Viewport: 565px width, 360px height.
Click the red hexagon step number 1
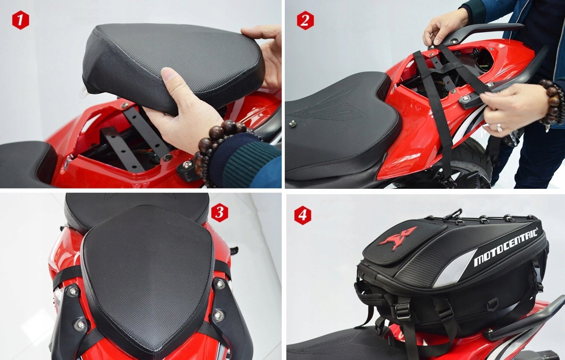[20, 20]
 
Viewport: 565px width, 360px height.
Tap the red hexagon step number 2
[305, 20]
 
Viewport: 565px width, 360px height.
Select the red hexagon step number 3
[220, 213]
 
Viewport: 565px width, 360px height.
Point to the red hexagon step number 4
[303, 215]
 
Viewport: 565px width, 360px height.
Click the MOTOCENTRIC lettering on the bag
[505, 247]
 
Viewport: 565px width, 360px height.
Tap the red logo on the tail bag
[398, 238]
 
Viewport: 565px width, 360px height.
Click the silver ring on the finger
[500, 128]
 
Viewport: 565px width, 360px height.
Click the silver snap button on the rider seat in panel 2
[292, 123]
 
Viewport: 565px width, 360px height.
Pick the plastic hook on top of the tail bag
[454, 213]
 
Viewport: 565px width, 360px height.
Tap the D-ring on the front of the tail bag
[493, 304]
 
